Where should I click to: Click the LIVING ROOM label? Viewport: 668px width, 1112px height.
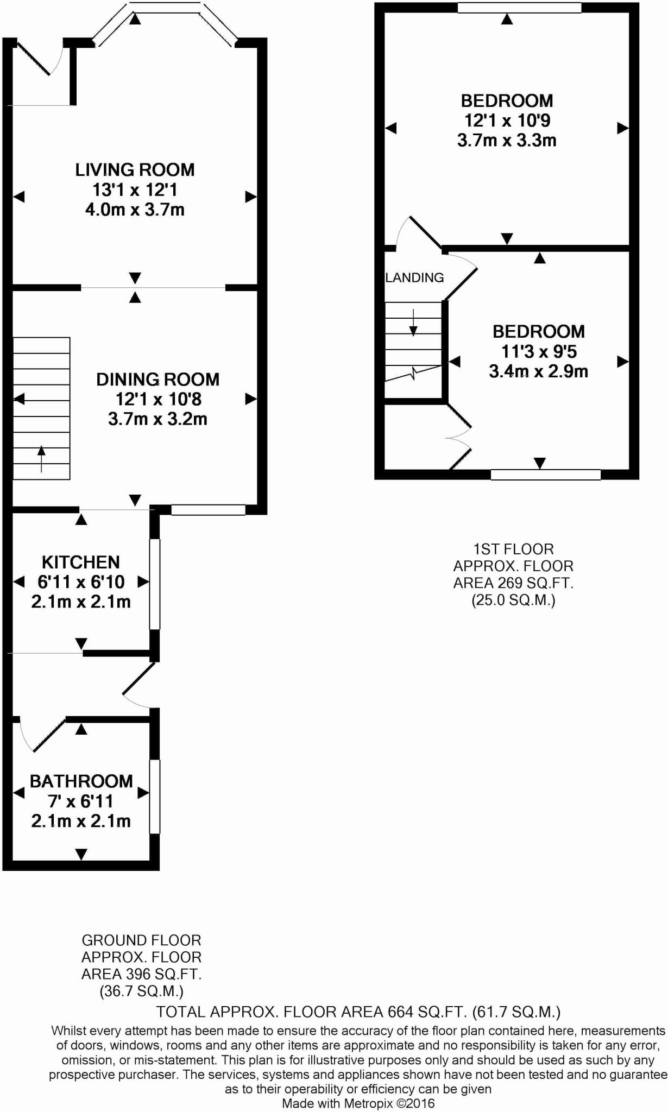coord(135,170)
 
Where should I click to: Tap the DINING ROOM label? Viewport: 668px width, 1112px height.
coord(158,380)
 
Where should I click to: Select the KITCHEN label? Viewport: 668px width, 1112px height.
coord(81,562)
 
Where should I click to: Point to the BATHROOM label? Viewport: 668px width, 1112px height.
coord(81,781)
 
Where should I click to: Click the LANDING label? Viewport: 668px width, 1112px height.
coord(415,278)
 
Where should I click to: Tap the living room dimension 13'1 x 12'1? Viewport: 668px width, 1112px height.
coord(135,190)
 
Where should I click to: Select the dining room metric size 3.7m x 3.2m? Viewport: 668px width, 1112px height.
coord(157,419)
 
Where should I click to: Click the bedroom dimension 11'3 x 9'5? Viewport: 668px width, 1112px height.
coord(539,352)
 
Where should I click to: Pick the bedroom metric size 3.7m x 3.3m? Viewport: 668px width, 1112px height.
coord(507,141)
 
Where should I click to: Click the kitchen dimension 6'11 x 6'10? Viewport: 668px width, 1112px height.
coord(81,582)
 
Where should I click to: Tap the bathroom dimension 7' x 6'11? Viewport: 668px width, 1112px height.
coord(81,801)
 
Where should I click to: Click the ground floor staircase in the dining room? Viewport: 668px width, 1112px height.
coord(41,408)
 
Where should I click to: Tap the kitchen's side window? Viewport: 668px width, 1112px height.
coord(155,584)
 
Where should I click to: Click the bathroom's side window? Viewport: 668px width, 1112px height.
coord(155,796)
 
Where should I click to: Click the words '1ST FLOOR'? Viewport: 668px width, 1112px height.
coord(514,549)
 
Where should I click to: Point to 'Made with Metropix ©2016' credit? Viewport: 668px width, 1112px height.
coord(358,1103)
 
